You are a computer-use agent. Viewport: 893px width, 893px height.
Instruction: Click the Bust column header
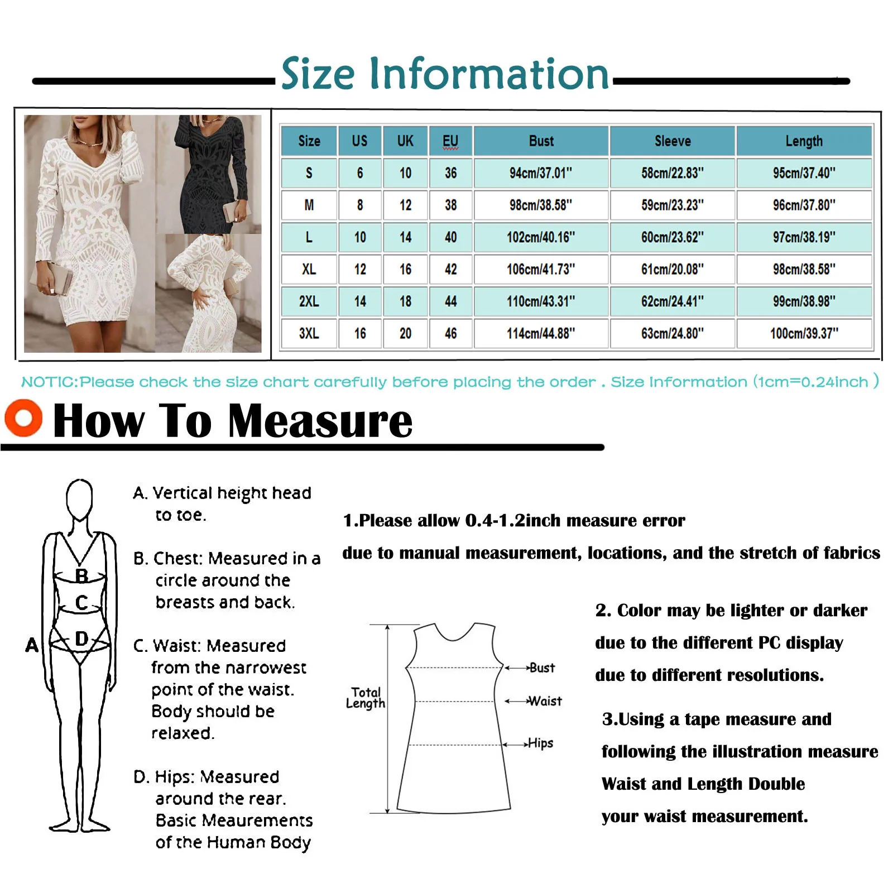(x=541, y=141)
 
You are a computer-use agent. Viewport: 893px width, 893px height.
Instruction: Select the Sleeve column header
(x=672, y=141)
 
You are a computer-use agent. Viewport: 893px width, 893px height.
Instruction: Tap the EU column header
(x=450, y=141)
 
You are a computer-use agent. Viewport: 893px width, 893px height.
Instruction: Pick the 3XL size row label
(x=309, y=334)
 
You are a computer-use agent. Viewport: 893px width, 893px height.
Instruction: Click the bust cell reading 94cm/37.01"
(x=541, y=173)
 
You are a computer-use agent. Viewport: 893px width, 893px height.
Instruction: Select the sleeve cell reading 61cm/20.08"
(x=672, y=270)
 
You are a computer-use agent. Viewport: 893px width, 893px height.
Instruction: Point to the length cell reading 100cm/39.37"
(x=804, y=334)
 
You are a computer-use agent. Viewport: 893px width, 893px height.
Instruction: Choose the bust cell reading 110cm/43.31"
(x=541, y=302)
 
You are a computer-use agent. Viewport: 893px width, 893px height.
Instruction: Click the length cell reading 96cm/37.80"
(x=804, y=205)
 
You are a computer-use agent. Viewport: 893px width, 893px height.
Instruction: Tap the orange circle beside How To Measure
(x=23, y=418)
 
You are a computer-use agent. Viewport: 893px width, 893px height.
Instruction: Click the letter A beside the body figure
(x=32, y=645)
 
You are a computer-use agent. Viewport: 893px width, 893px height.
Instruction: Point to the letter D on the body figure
(x=81, y=639)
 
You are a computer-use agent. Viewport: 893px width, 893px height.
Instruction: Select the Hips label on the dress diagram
(x=540, y=743)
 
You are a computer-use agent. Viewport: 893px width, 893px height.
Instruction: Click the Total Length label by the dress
(x=366, y=698)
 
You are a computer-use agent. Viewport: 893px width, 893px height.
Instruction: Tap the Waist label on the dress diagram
(x=545, y=701)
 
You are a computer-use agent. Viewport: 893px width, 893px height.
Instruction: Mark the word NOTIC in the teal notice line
(x=49, y=382)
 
